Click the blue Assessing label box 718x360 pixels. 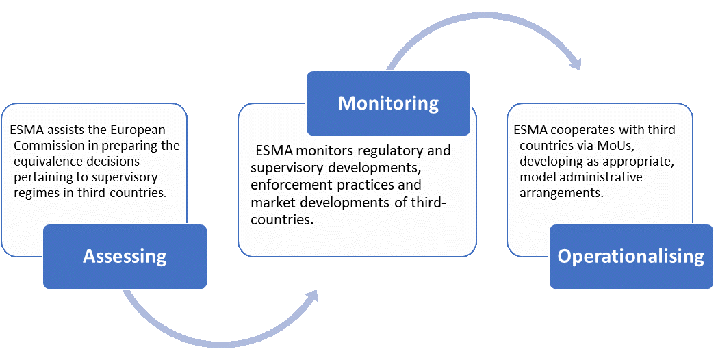point(125,257)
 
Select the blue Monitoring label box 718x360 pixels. point(388,103)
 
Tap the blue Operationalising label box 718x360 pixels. point(630,256)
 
